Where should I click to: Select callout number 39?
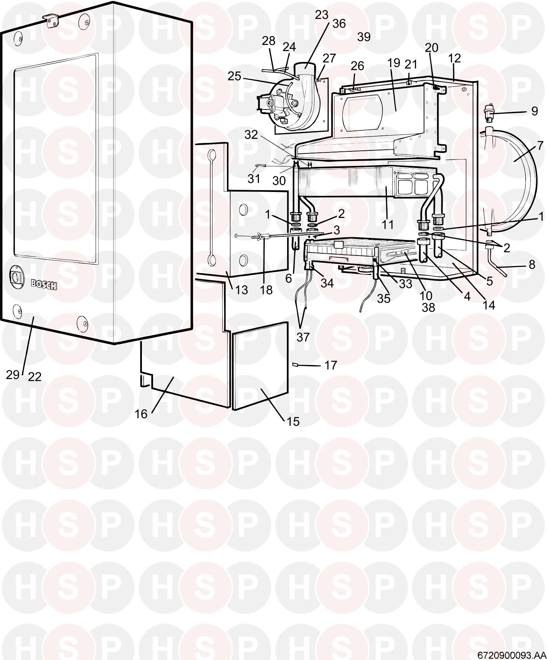pyautogui.click(x=364, y=37)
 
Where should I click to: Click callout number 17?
pyautogui.click(x=330, y=365)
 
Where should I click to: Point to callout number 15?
pyautogui.click(x=293, y=421)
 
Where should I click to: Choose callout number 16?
pyautogui.click(x=141, y=414)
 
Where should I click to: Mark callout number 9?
pyautogui.click(x=534, y=111)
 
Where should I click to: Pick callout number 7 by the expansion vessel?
pyautogui.click(x=540, y=146)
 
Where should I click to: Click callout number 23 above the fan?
pyautogui.click(x=322, y=15)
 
